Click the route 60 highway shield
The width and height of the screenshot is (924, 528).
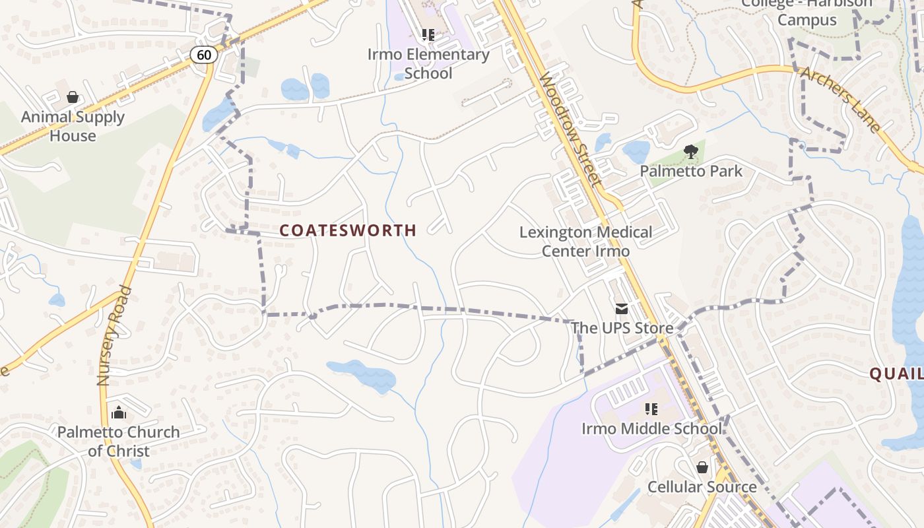pyautogui.click(x=204, y=55)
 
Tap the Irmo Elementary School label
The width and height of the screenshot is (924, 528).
pyautogui.click(x=428, y=63)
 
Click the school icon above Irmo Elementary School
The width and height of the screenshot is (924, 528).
pyautogui.click(x=428, y=34)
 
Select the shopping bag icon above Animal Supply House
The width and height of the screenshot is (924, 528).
pyautogui.click(x=73, y=98)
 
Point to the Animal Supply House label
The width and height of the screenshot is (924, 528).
pyautogui.click(x=73, y=126)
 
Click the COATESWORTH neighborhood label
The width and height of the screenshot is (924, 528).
pyautogui.click(x=348, y=230)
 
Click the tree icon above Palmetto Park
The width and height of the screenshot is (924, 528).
pyautogui.click(x=690, y=152)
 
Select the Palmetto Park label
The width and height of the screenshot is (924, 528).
pyautogui.click(x=690, y=172)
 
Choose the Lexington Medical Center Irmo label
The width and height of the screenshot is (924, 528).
pyautogui.click(x=585, y=242)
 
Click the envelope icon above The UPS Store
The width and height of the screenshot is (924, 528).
pyautogui.click(x=622, y=309)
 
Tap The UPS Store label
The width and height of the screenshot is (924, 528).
pyautogui.click(x=622, y=328)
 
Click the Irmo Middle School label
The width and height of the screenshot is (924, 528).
pyautogui.click(x=651, y=429)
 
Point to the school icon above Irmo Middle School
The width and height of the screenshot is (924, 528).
pyautogui.click(x=651, y=409)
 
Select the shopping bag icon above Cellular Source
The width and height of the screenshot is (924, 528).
pyautogui.click(x=702, y=467)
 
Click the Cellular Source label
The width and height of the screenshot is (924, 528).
pyautogui.click(x=702, y=487)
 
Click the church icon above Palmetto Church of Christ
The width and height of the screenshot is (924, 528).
pyautogui.click(x=119, y=413)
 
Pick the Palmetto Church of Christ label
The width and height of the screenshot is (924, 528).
pyautogui.click(x=119, y=442)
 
